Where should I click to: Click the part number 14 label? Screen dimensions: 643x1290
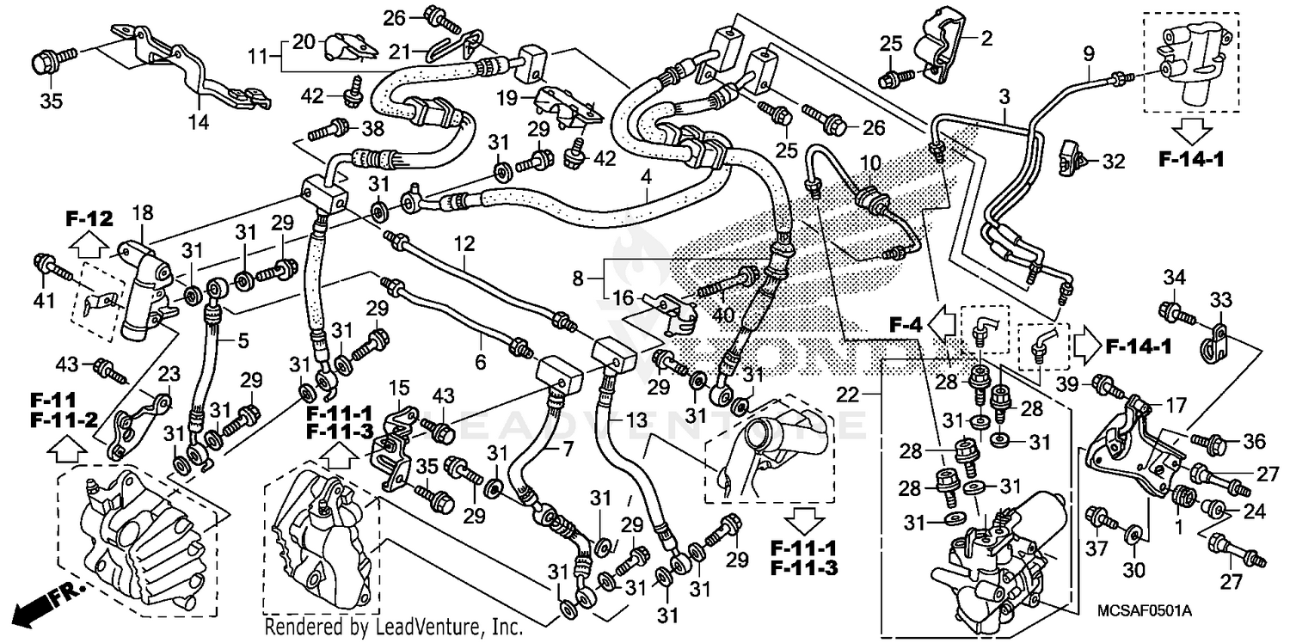(199, 122)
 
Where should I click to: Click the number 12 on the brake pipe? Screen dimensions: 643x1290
(464, 244)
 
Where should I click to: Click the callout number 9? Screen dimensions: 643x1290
(1088, 54)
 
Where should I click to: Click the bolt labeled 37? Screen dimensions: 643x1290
(1100, 517)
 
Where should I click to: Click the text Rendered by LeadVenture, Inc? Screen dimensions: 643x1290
(393, 626)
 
